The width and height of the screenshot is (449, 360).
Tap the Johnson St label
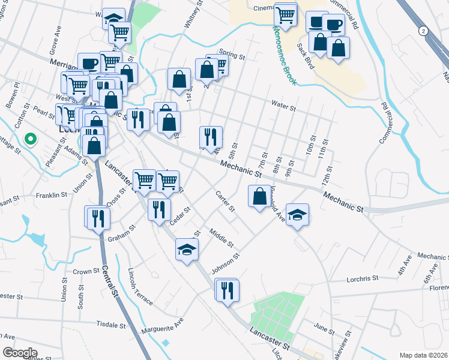click(x=226, y=264)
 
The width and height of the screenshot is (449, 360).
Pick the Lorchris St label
click(x=363, y=278)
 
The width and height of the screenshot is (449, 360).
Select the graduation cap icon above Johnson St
click(x=187, y=248)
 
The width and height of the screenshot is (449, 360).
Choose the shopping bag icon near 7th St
click(x=259, y=196)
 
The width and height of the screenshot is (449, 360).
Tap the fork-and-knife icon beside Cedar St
click(x=158, y=209)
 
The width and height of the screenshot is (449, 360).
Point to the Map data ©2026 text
click(x=423, y=355)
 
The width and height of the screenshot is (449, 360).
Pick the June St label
click(x=324, y=329)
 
